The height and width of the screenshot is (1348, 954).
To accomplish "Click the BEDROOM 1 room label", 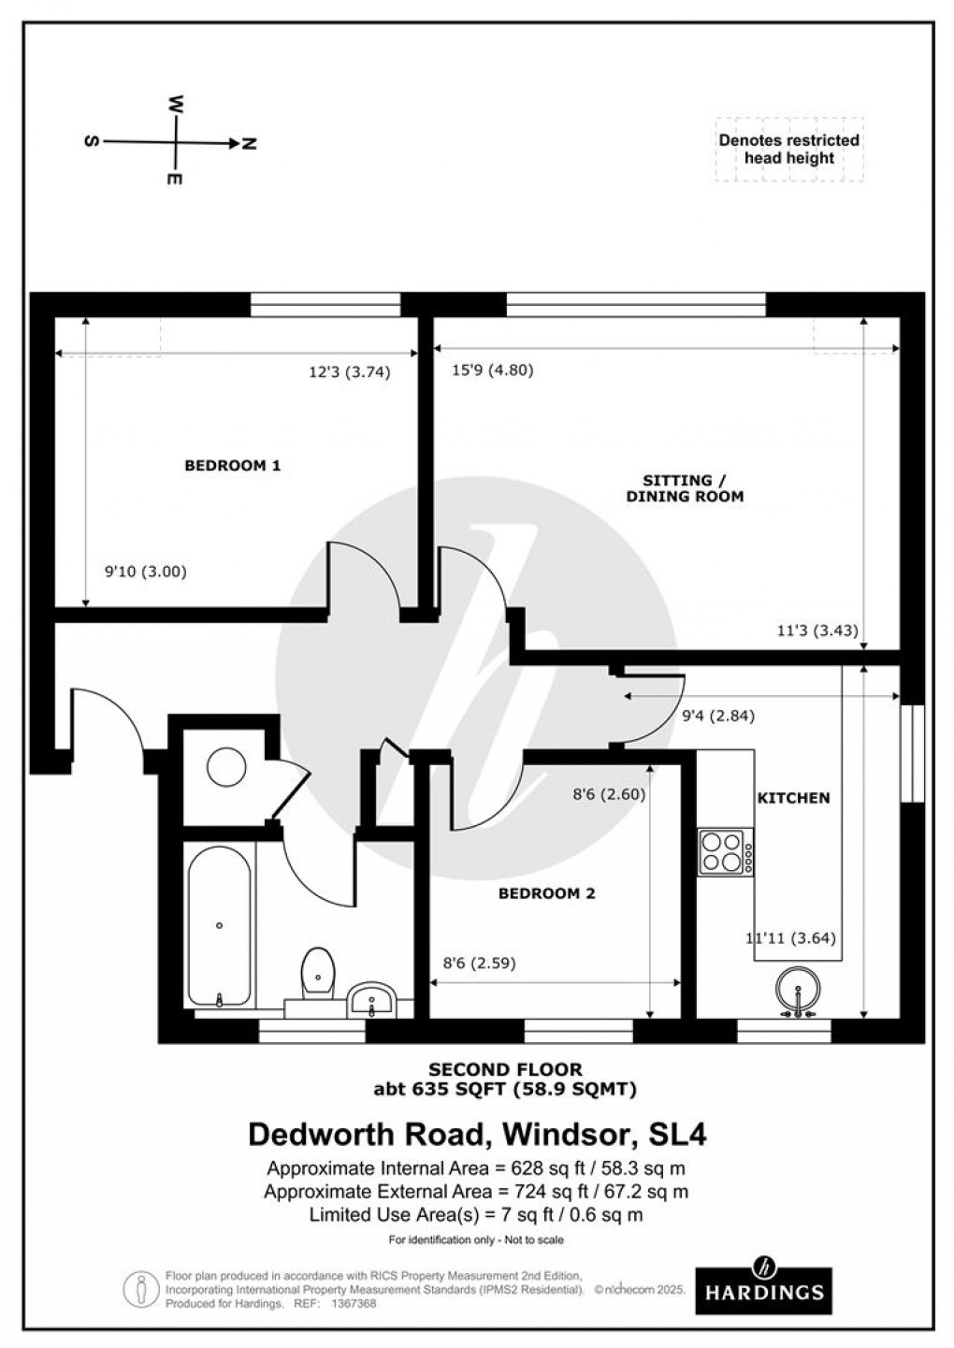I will point(232,465).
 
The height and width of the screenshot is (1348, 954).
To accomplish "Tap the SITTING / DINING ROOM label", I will point(685,488).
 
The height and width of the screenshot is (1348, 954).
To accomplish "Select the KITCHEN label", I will point(792,798).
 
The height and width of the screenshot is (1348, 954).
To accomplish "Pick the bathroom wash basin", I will point(373,1002).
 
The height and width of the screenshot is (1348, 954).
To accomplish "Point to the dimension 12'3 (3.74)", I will point(349,371).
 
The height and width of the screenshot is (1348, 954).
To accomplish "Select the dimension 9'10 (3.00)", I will point(145,572).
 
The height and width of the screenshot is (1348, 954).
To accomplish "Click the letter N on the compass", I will point(249,143).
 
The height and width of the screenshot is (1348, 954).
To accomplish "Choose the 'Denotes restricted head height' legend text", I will point(788,149).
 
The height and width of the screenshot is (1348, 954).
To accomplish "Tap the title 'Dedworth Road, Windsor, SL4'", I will point(477,1135).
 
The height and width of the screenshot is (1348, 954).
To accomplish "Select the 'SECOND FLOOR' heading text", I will point(505,1069).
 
